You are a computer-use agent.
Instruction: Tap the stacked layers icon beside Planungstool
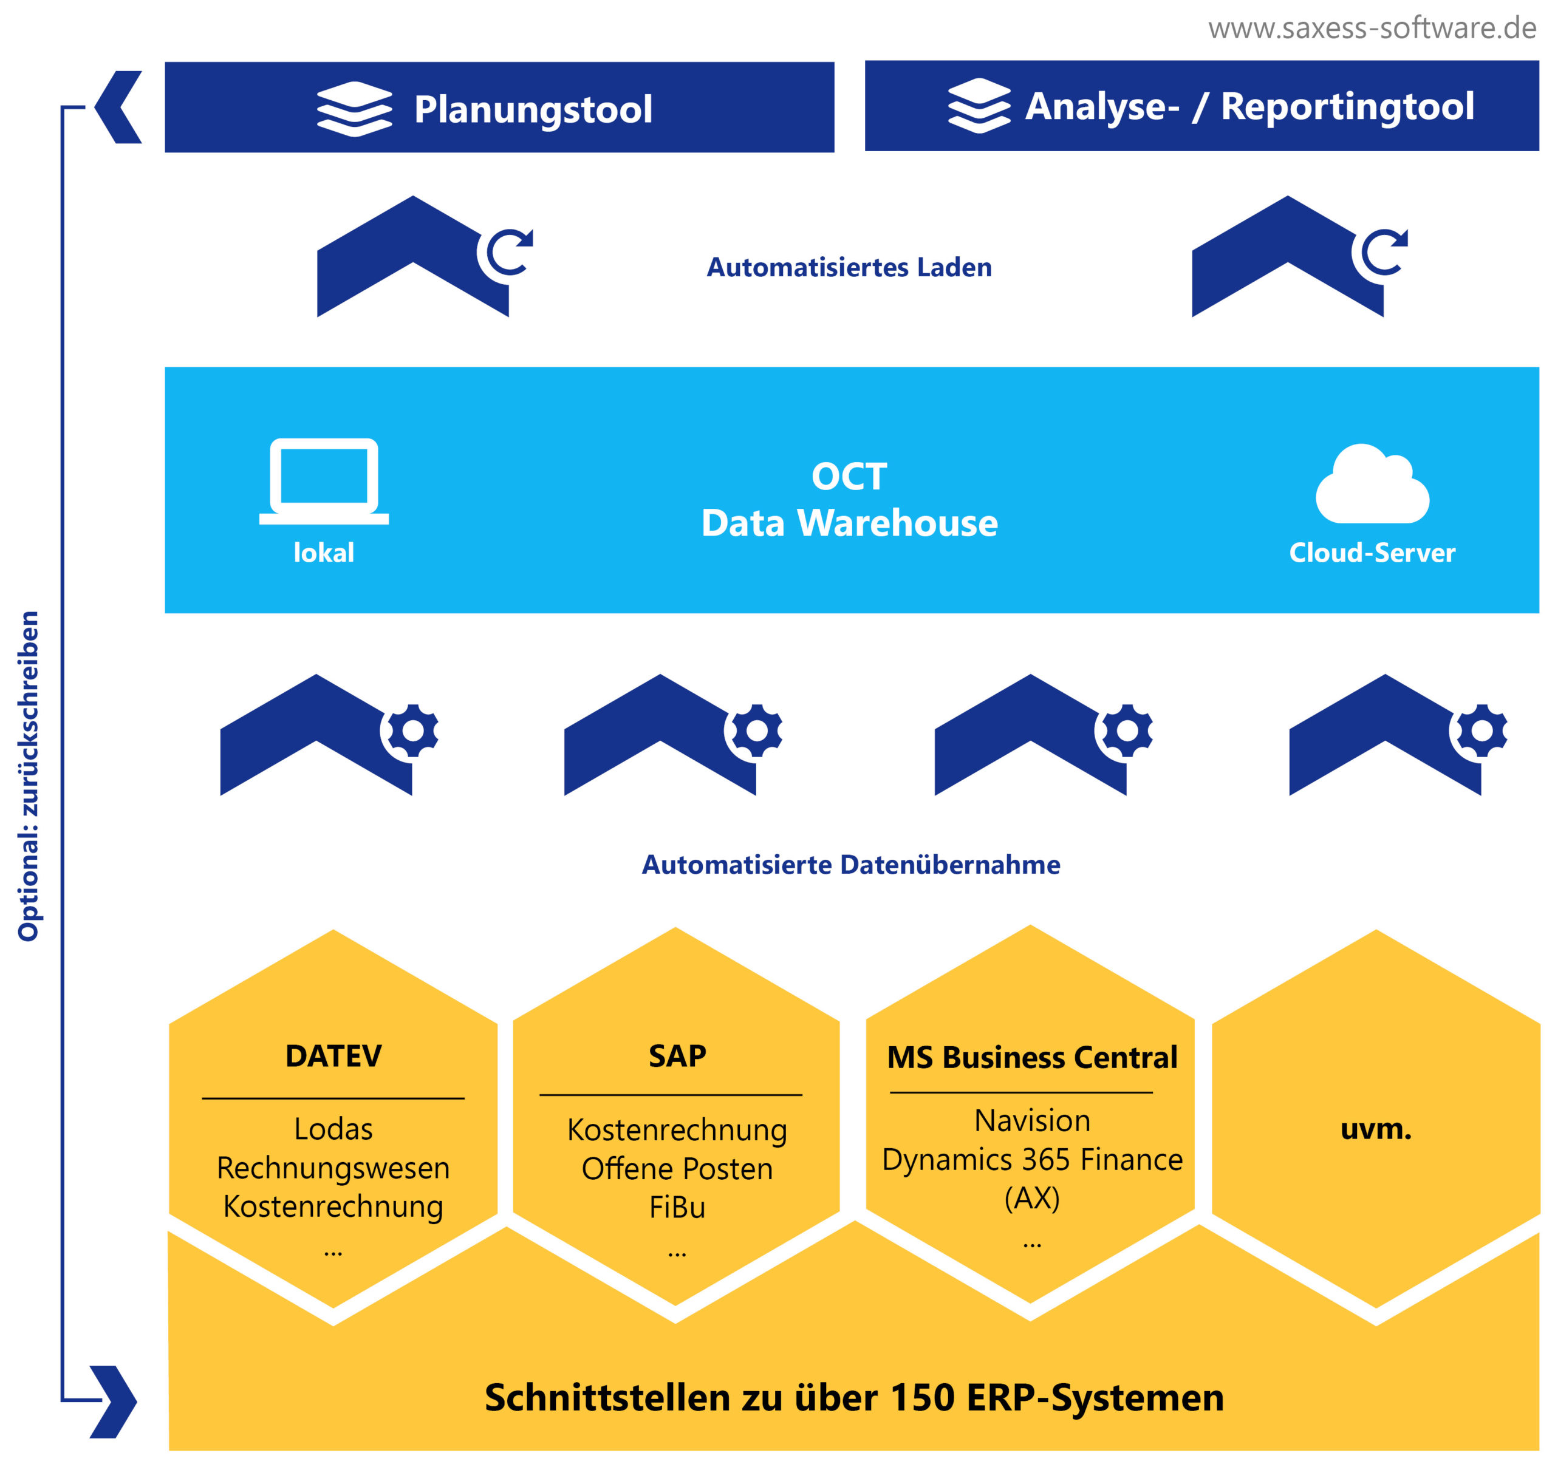pos(354,109)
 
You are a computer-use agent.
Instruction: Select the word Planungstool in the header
pos(533,109)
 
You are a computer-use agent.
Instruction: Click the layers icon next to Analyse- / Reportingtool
pos(979,106)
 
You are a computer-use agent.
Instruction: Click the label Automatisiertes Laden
pos(849,267)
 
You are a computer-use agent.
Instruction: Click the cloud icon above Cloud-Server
pos(1372,484)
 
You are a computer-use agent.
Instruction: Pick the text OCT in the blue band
pos(849,476)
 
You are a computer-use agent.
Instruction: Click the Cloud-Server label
pos(1372,553)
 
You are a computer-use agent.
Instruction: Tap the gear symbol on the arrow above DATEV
pos(412,730)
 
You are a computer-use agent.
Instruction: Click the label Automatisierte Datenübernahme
pos(850,865)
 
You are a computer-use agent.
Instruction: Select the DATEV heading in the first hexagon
pos(333,1057)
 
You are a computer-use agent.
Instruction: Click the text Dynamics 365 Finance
pos(1032,1160)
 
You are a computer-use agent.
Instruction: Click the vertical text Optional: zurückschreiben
pos(28,776)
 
